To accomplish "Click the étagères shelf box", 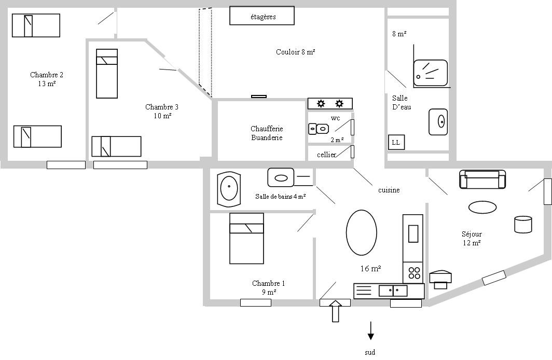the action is (262, 16).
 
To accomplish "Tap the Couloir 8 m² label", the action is (295, 52).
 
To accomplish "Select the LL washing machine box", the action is (396, 142).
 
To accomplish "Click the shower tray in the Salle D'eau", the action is (430, 73).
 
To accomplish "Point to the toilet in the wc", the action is (319, 129).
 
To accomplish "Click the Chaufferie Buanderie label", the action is (267, 133).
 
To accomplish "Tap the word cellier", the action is (326, 155).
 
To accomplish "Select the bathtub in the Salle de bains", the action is (229, 189).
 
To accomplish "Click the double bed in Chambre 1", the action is (246, 238).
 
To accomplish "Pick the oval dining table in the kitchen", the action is (362, 232).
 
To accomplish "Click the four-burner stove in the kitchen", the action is (413, 273).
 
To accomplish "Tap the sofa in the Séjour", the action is (482, 179).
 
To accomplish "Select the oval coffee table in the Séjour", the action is (482, 207).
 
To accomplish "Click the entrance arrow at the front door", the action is (336, 311).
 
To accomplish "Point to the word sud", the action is (370, 352).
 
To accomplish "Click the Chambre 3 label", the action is (162, 111).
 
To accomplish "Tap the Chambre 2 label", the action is (47, 79).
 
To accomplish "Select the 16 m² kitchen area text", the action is (371, 269).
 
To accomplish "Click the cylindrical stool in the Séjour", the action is (523, 224).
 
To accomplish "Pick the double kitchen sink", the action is (393, 290).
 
